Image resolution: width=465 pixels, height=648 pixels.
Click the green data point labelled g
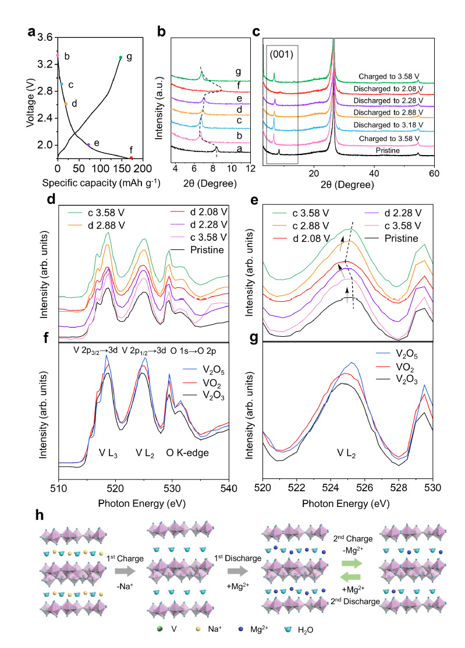coord(120,57)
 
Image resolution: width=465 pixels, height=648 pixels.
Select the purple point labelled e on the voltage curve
coord(88,145)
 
